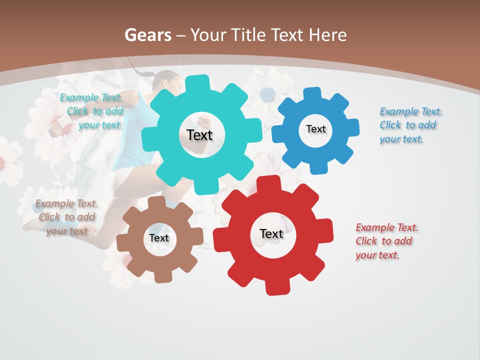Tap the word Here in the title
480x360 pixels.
(327, 35)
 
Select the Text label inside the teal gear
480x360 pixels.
(199, 135)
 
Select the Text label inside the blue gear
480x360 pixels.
(315, 129)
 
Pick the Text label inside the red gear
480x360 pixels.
(271, 233)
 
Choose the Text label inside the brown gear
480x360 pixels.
(159, 238)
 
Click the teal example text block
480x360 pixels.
(92, 111)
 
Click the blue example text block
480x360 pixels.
(410, 125)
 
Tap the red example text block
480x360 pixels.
(386, 241)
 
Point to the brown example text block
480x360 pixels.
(66, 217)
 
